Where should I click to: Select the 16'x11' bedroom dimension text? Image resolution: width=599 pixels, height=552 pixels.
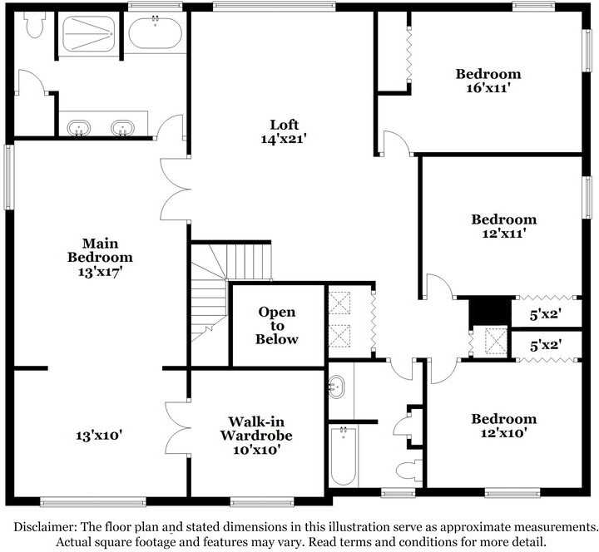pyautogui.click(x=488, y=89)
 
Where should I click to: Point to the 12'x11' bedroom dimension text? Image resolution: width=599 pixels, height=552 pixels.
pyautogui.click(x=503, y=234)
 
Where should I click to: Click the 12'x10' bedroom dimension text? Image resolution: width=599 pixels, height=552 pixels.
pyautogui.click(x=503, y=433)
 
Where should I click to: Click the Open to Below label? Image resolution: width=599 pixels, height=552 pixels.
pyautogui.click(x=276, y=325)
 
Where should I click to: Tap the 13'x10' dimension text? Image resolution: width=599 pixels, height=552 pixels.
pyautogui.click(x=99, y=434)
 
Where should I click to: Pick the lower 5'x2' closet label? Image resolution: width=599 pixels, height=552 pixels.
pyautogui.click(x=545, y=344)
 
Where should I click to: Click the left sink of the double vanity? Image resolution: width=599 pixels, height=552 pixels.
pyautogui.click(x=80, y=128)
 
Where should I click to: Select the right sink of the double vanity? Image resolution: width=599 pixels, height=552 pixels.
pyautogui.click(x=122, y=128)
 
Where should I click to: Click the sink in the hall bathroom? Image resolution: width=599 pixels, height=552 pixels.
pyautogui.click(x=337, y=386)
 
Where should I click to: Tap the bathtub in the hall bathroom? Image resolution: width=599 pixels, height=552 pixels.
pyautogui.click(x=343, y=456)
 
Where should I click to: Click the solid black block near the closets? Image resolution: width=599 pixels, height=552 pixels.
pyautogui.click(x=488, y=311)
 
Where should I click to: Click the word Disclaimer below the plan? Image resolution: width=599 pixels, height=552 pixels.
pyautogui.click(x=46, y=527)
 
